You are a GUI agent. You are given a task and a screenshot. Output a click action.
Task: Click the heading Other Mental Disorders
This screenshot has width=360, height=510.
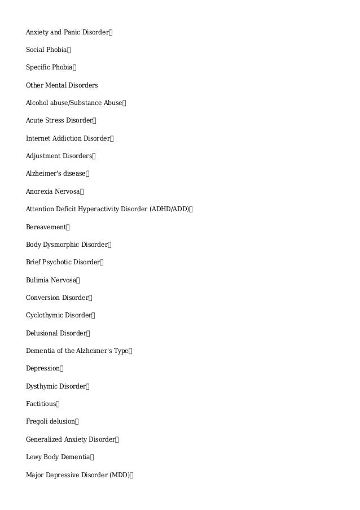pos(62,85)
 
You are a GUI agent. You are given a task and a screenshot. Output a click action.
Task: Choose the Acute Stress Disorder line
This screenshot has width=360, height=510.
pos(59,120)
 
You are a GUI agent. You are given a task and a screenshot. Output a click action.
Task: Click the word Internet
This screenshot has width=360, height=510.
pos(38,138)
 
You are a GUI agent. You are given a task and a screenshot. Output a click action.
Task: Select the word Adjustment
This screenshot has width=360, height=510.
pos(43,156)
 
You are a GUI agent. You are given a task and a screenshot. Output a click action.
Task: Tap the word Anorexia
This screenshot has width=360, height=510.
pos(39,191)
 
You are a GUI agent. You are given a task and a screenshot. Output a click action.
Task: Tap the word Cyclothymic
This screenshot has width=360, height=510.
pos(44,315)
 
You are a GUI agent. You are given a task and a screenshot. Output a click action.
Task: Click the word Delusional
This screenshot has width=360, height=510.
pos(42,333)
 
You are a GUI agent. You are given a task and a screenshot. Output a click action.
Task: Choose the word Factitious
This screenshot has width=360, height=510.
pos(41,404)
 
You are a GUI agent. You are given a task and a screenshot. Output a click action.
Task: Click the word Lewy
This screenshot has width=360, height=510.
pos(33,457)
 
